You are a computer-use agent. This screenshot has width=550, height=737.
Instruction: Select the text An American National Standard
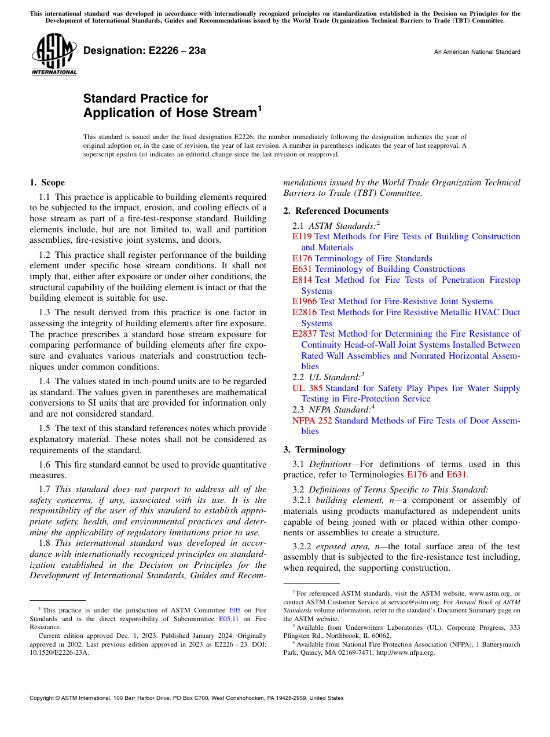477,52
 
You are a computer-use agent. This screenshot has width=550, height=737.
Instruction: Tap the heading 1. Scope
47,183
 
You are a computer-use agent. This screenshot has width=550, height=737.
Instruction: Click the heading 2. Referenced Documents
336,211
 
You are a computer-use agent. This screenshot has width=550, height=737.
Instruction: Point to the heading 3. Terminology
314,450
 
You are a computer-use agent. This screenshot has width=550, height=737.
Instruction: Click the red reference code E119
302,236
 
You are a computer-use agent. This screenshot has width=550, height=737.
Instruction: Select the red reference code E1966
305,301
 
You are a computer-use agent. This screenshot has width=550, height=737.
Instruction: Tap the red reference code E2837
305,334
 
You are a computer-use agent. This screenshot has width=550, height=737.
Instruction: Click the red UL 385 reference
307,388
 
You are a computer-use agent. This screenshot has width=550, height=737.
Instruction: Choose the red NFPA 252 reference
312,421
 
